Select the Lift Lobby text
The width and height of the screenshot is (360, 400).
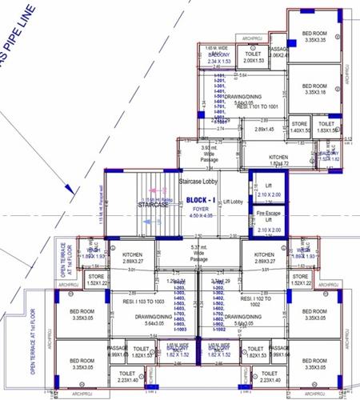(231, 202)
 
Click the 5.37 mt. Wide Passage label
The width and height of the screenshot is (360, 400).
(201, 259)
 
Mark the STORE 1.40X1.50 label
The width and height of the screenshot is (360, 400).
(299, 126)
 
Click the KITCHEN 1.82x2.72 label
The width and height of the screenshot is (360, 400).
(278, 160)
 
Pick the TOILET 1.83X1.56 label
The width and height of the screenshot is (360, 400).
(326, 127)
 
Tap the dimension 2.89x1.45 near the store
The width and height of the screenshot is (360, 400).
(264, 129)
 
